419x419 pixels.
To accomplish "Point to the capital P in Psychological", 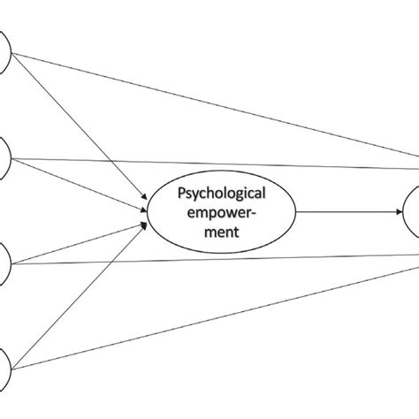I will point(182,193).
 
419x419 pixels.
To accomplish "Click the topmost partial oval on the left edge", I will point(4,53).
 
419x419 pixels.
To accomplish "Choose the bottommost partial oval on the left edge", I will point(4,362).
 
